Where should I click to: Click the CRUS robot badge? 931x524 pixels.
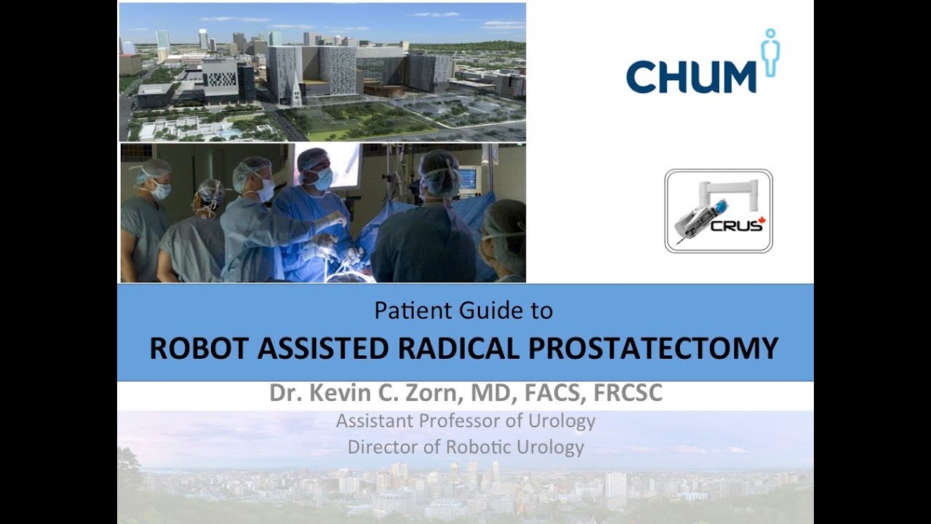pyautogui.click(x=719, y=211)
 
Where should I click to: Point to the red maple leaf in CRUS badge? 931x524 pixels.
pyautogui.click(x=762, y=221)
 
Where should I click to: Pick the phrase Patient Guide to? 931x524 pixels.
pyautogui.click(x=463, y=311)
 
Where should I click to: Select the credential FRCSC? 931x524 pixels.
pyautogui.click(x=628, y=394)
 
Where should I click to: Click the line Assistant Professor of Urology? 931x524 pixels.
pyautogui.click(x=465, y=421)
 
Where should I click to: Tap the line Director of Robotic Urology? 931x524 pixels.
pyautogui.click(x=465, y=446)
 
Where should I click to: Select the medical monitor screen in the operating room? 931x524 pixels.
pyautogui.click(x=469, y=179)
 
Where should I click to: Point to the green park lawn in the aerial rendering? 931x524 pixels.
pyautogui.click(x=349, y=121)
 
